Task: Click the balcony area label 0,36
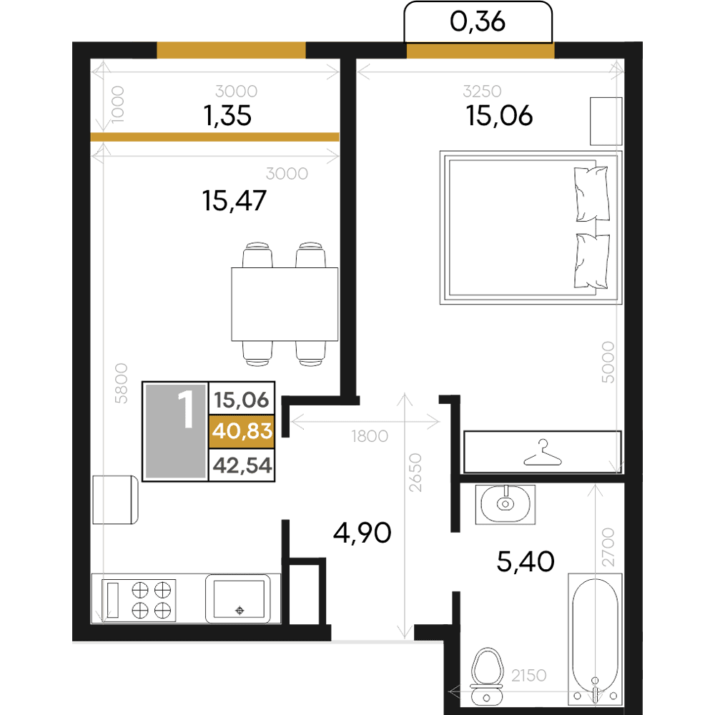478,22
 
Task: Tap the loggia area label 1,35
227,116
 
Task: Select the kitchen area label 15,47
234,201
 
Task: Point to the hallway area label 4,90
362,533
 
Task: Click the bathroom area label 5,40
526,561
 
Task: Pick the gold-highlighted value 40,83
242,431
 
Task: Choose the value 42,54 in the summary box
242,465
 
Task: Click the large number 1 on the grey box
186,409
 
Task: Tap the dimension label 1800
370,436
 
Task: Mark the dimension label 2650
415,473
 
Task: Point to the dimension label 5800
121,383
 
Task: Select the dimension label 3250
482,92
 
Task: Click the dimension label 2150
529,676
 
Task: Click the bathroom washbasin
506,504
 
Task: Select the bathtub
595,639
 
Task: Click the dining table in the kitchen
285,304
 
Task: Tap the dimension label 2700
608,547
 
